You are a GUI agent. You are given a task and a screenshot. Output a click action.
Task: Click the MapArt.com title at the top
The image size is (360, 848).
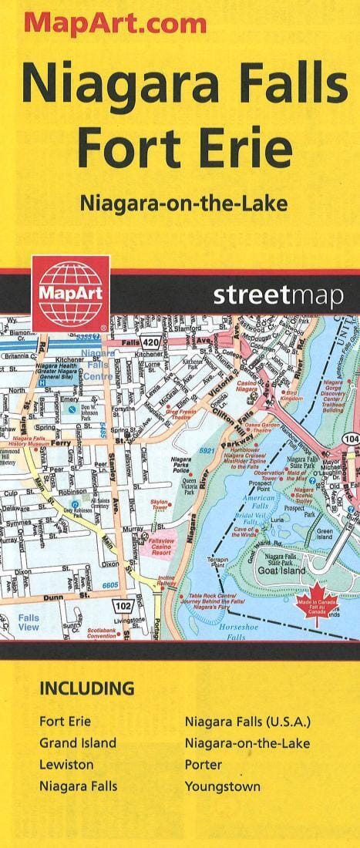click(x=116, y=23)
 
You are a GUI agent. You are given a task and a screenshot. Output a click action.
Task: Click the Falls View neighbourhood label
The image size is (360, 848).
click(x=29, y=622)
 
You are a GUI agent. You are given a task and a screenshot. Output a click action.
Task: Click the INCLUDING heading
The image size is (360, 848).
click(x=87, y=688)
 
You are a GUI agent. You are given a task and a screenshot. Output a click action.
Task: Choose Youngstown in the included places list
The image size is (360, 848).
click(x=222, y=787)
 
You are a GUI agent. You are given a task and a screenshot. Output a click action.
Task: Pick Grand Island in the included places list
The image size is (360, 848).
click(x=78, y=743)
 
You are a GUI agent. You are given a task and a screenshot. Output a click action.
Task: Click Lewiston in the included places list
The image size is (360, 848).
click(x=66, y=765)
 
